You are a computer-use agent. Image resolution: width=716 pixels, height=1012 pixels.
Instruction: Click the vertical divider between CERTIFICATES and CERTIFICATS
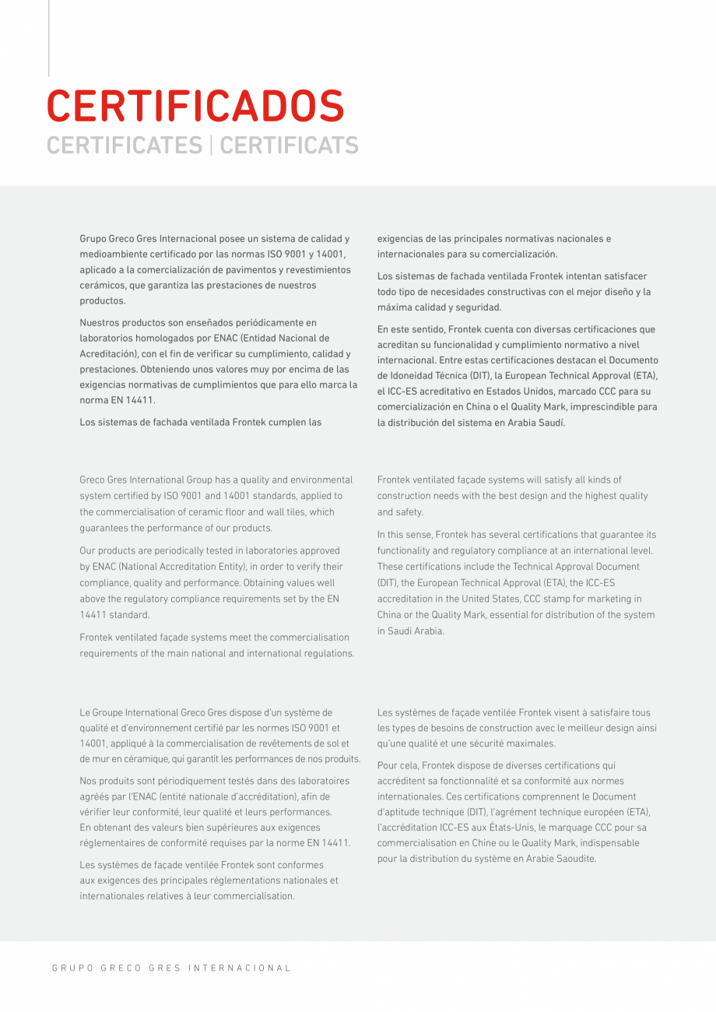(210, 145)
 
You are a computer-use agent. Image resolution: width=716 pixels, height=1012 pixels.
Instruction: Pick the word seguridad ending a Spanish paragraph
(476, 307)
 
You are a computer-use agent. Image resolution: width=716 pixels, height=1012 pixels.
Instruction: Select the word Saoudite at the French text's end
(575, 858)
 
